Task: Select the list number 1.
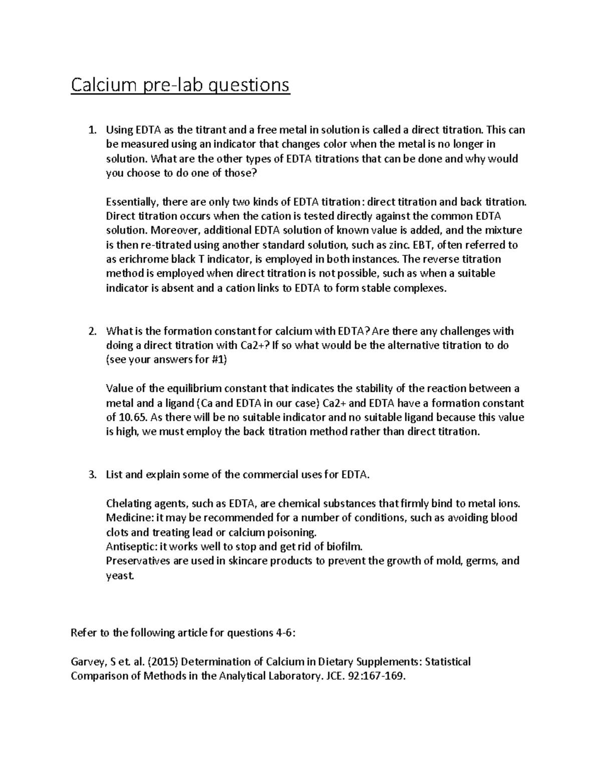pyautogui.click(x=91, y=131)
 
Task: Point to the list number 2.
pyautogui.click(x=91, y=331)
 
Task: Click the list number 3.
pyautogui.click(x=91, y=475)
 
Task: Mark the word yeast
pyautogui.click(x=120, y=575)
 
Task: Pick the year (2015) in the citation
pyautogui.click(x=163, y=662)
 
